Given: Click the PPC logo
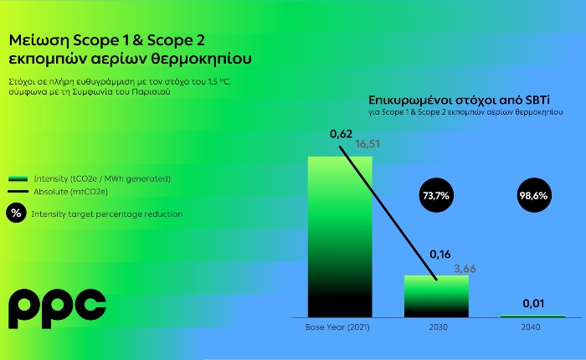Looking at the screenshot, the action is coord(57,308).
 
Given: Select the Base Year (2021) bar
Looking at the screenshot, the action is coord(340,237).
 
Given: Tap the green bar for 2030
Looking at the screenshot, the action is coord(436,296).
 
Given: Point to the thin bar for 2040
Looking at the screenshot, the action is coord(532,316).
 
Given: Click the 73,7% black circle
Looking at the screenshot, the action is coord(436,195).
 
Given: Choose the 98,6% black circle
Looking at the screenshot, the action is coord(534,195).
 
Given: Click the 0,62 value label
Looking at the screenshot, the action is coord(341,134).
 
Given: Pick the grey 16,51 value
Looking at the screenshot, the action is coord(368,144).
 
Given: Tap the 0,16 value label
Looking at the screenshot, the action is coord(439,255).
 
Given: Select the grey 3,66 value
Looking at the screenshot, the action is coord(465,269).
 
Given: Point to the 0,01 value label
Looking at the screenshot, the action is coord(533,304).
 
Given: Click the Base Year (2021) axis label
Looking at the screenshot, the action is coord(337,327).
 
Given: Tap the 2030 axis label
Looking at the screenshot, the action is coord(439,327).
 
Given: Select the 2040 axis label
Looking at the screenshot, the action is coord(531,327).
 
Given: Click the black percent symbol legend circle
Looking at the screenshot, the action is coord(16,213).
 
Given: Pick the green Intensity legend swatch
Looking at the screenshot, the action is coord(18,178).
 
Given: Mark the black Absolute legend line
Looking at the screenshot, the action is coord(18,192).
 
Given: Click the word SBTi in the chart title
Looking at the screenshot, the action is coord(537,100).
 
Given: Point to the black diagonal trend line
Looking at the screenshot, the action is coord(388,213).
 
